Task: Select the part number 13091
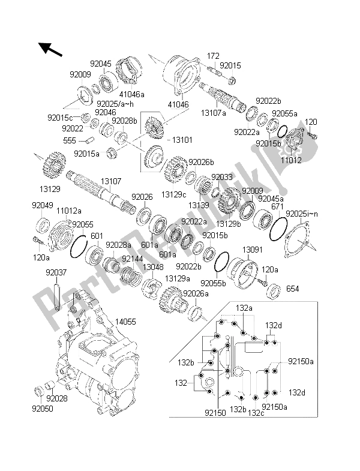(x=253, y=249)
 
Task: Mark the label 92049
(x=41, y=205)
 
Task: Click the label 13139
(x=199, y=205)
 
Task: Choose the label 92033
(x=221, y=178)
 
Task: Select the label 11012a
(x=69, y=211)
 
